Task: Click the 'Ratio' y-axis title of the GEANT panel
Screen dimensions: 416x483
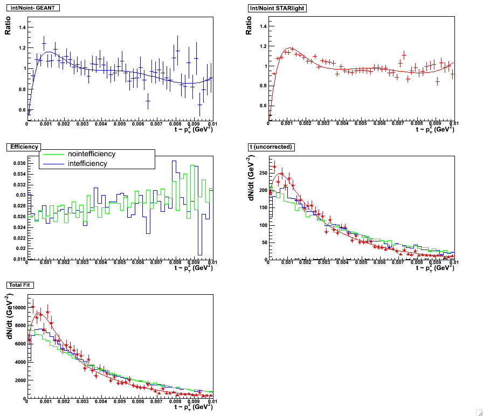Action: point(8,29)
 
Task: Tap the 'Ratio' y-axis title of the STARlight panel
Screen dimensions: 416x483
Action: point(249,29)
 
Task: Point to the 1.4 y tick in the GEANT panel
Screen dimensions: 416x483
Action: point(20,27)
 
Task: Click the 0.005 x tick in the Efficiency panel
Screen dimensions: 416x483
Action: point(120,262)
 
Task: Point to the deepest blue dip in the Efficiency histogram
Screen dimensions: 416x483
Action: point(199,253)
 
